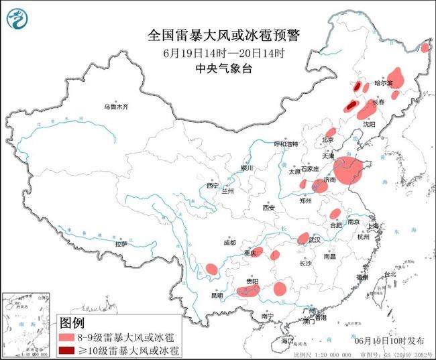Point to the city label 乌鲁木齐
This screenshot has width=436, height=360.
pos(115,107)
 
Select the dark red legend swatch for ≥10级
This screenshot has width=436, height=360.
pos(68,350)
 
